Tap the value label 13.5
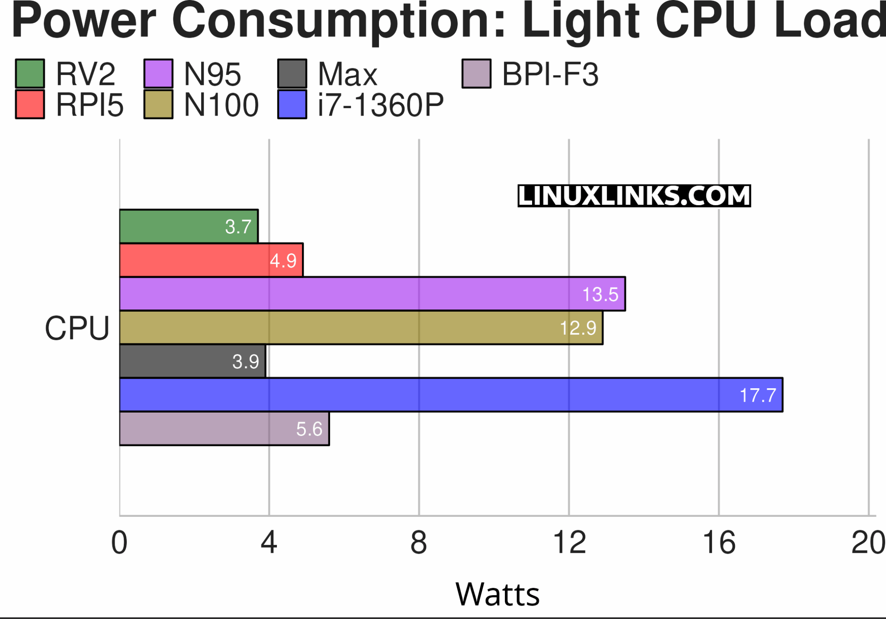click(x=600, y=294)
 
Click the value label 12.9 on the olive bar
click(x=578, y=328)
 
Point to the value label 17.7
click(x=758, y=395)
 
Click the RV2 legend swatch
click(x=30, y=74)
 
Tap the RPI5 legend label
click(x=90, y=105)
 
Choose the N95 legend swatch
click(x=158, y=74)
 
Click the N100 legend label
click(x=221, y=105)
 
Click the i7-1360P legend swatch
click(x=292, y=105)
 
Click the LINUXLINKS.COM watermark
click(x=634, y=196)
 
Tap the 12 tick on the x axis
click(x=569, y=542)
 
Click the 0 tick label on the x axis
click(x=119, y=542)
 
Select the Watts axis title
click(x=498, y=594)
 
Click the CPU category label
click(x=77, y=328)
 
